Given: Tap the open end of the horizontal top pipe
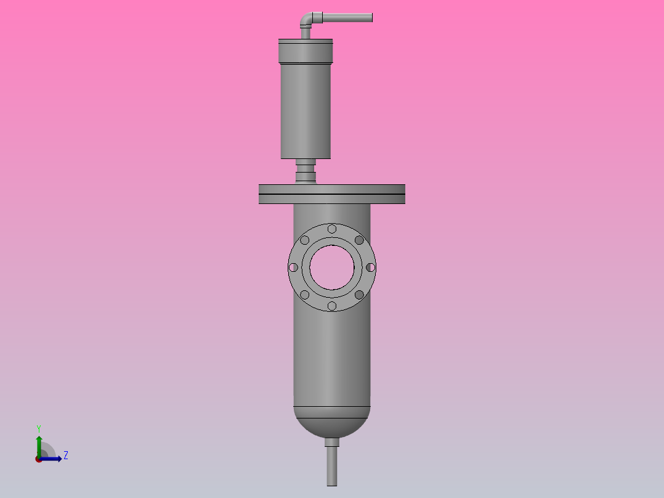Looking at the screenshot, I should tap(371, 17).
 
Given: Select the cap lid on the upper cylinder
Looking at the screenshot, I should tap(306, 51).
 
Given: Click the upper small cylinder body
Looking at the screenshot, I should tap(306, 111).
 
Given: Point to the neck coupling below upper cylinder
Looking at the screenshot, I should tap(306, 171).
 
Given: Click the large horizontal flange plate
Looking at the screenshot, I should tap(332, 194).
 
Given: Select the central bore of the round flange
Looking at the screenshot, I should tap(332, 267).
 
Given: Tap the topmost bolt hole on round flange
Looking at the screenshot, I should tap(332, 229).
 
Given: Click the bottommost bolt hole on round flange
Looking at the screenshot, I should tap(332, 306).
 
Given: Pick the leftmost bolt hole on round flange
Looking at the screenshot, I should tap(294, 267).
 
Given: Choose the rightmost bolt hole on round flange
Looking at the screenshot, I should tap(370, 267).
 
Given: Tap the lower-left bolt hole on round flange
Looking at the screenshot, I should tap(305, 295).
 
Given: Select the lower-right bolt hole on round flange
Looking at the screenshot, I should tap(359, 295).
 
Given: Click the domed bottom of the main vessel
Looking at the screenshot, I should tap(332, 424).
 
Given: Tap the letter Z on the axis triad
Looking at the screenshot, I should tap(65, 455).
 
